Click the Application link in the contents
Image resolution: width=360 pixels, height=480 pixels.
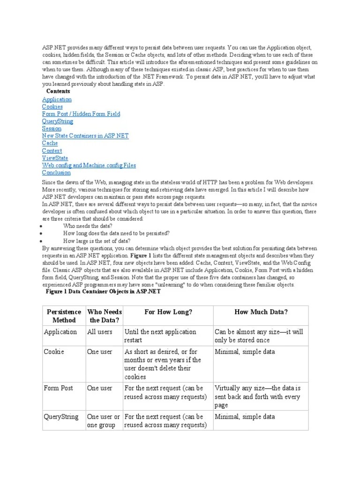click(57, 99)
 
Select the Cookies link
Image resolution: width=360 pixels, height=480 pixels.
click(52, 107)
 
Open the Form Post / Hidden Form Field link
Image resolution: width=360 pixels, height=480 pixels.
click(81, 114)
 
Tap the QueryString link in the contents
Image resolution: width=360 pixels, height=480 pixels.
click(57, 121)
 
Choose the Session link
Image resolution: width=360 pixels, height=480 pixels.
click(52, 128)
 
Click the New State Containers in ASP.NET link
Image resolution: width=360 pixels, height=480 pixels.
click(85, 136)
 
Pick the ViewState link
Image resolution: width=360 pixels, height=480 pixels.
click(55, 158)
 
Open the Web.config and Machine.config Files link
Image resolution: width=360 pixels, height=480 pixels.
click(89, 165)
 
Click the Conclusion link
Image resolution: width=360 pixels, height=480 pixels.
click(56, 172)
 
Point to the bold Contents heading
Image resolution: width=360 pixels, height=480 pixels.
click(58, 91)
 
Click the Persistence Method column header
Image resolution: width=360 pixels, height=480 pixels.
click(63, 316)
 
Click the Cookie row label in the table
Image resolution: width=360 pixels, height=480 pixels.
click(54, 352)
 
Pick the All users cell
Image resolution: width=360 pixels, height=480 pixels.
click(100, 332)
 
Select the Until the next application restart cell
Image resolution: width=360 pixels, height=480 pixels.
click(160, 336)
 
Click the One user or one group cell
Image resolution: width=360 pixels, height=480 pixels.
click(104, 421)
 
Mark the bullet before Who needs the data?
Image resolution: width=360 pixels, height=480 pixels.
click(42, 226)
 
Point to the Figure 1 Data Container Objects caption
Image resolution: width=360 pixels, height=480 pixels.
click(103, 292)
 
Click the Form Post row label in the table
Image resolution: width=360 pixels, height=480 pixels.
click(58, 388)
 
